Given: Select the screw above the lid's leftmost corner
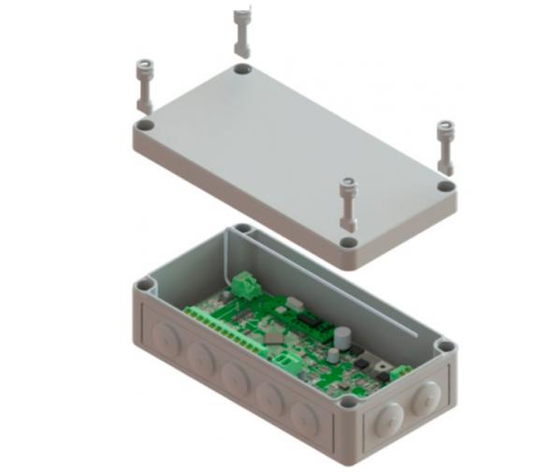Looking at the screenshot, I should pyautogui.click(x=144, y=83).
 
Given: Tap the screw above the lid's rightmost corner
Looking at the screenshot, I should pyautogui.click(x=444, y=145).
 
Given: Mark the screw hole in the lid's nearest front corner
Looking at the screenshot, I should pyautogui.click(x=348, y=243).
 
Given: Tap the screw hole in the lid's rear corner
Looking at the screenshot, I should pyautogui.click(x=242, y=70).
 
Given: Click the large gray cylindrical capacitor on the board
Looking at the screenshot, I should pyautogui.click(x=343, y=334).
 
